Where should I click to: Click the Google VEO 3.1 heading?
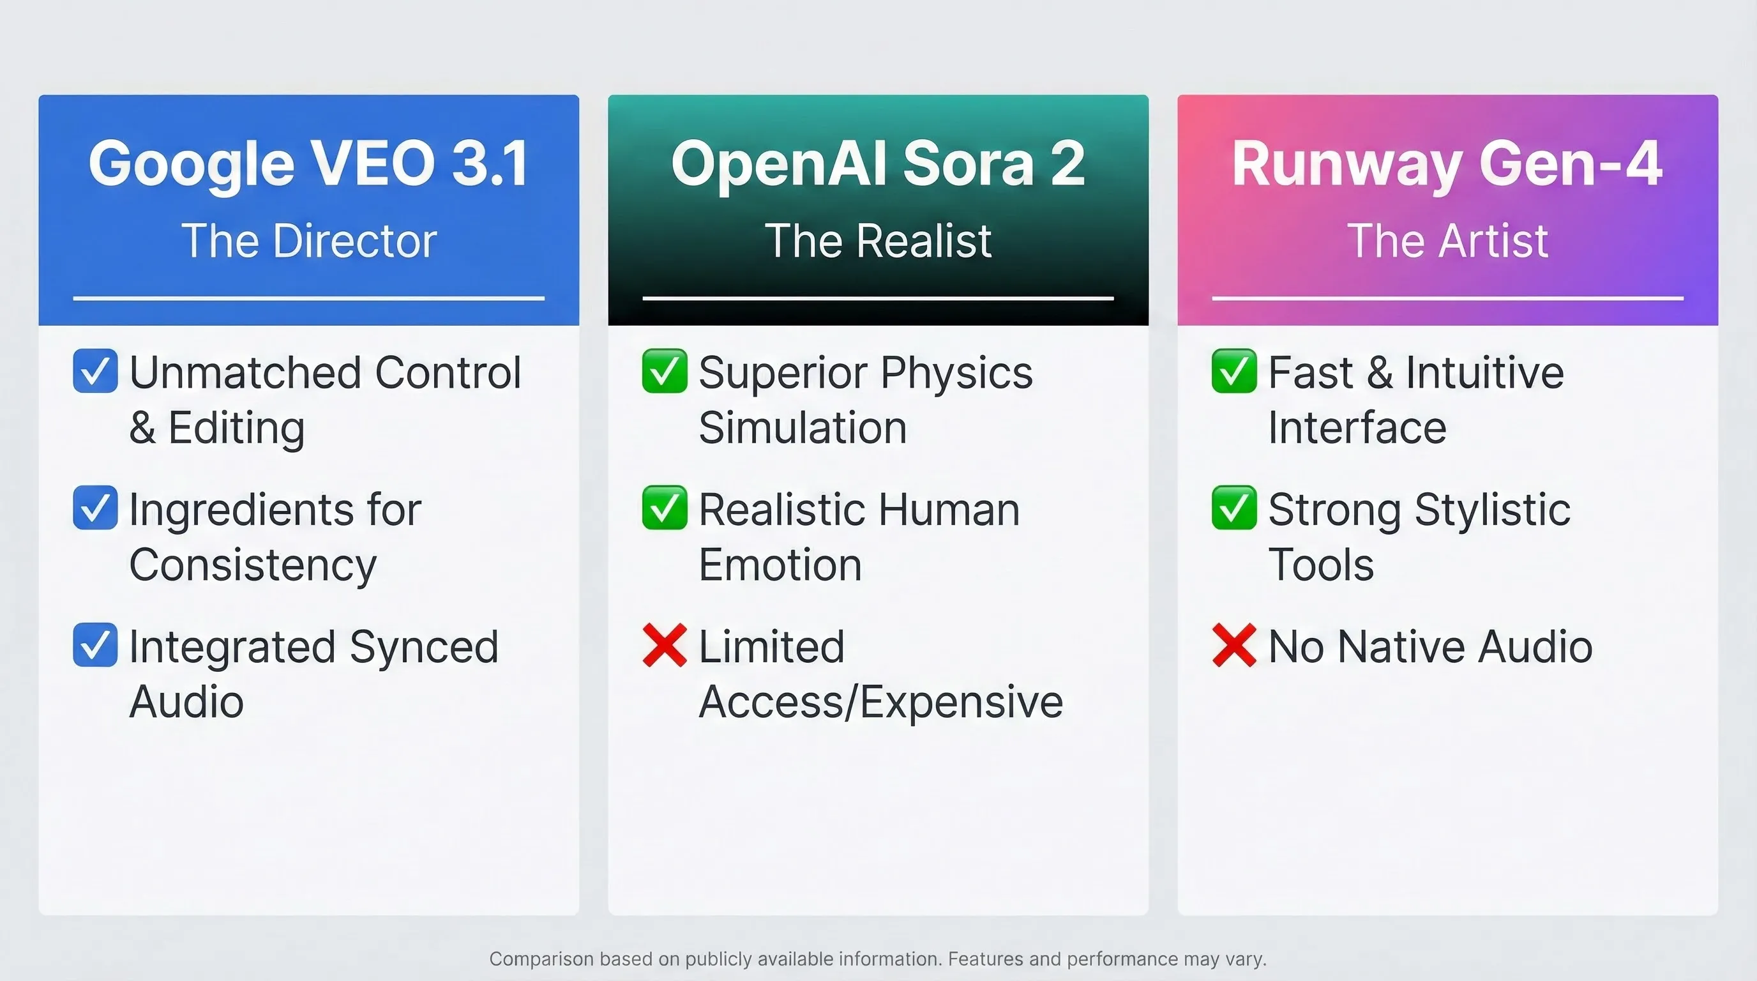308,163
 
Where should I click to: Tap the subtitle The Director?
308,241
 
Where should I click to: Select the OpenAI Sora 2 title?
878,163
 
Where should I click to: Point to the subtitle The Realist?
878,241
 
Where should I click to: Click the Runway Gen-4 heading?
1447,163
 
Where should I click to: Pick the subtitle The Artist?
1447,241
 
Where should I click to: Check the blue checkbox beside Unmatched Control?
94,370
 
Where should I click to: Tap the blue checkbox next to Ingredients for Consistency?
94,508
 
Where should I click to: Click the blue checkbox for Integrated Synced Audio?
94,644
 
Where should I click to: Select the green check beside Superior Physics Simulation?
665,370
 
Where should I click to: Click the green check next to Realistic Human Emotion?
665,508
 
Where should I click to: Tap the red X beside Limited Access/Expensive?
665,644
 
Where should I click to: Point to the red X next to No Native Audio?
1234,644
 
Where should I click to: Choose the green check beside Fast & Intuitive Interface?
1234,370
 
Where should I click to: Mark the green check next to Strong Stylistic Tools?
1234,508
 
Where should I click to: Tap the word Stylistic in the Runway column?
1492,510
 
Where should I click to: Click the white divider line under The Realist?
878,298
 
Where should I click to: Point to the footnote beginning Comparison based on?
878,959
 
